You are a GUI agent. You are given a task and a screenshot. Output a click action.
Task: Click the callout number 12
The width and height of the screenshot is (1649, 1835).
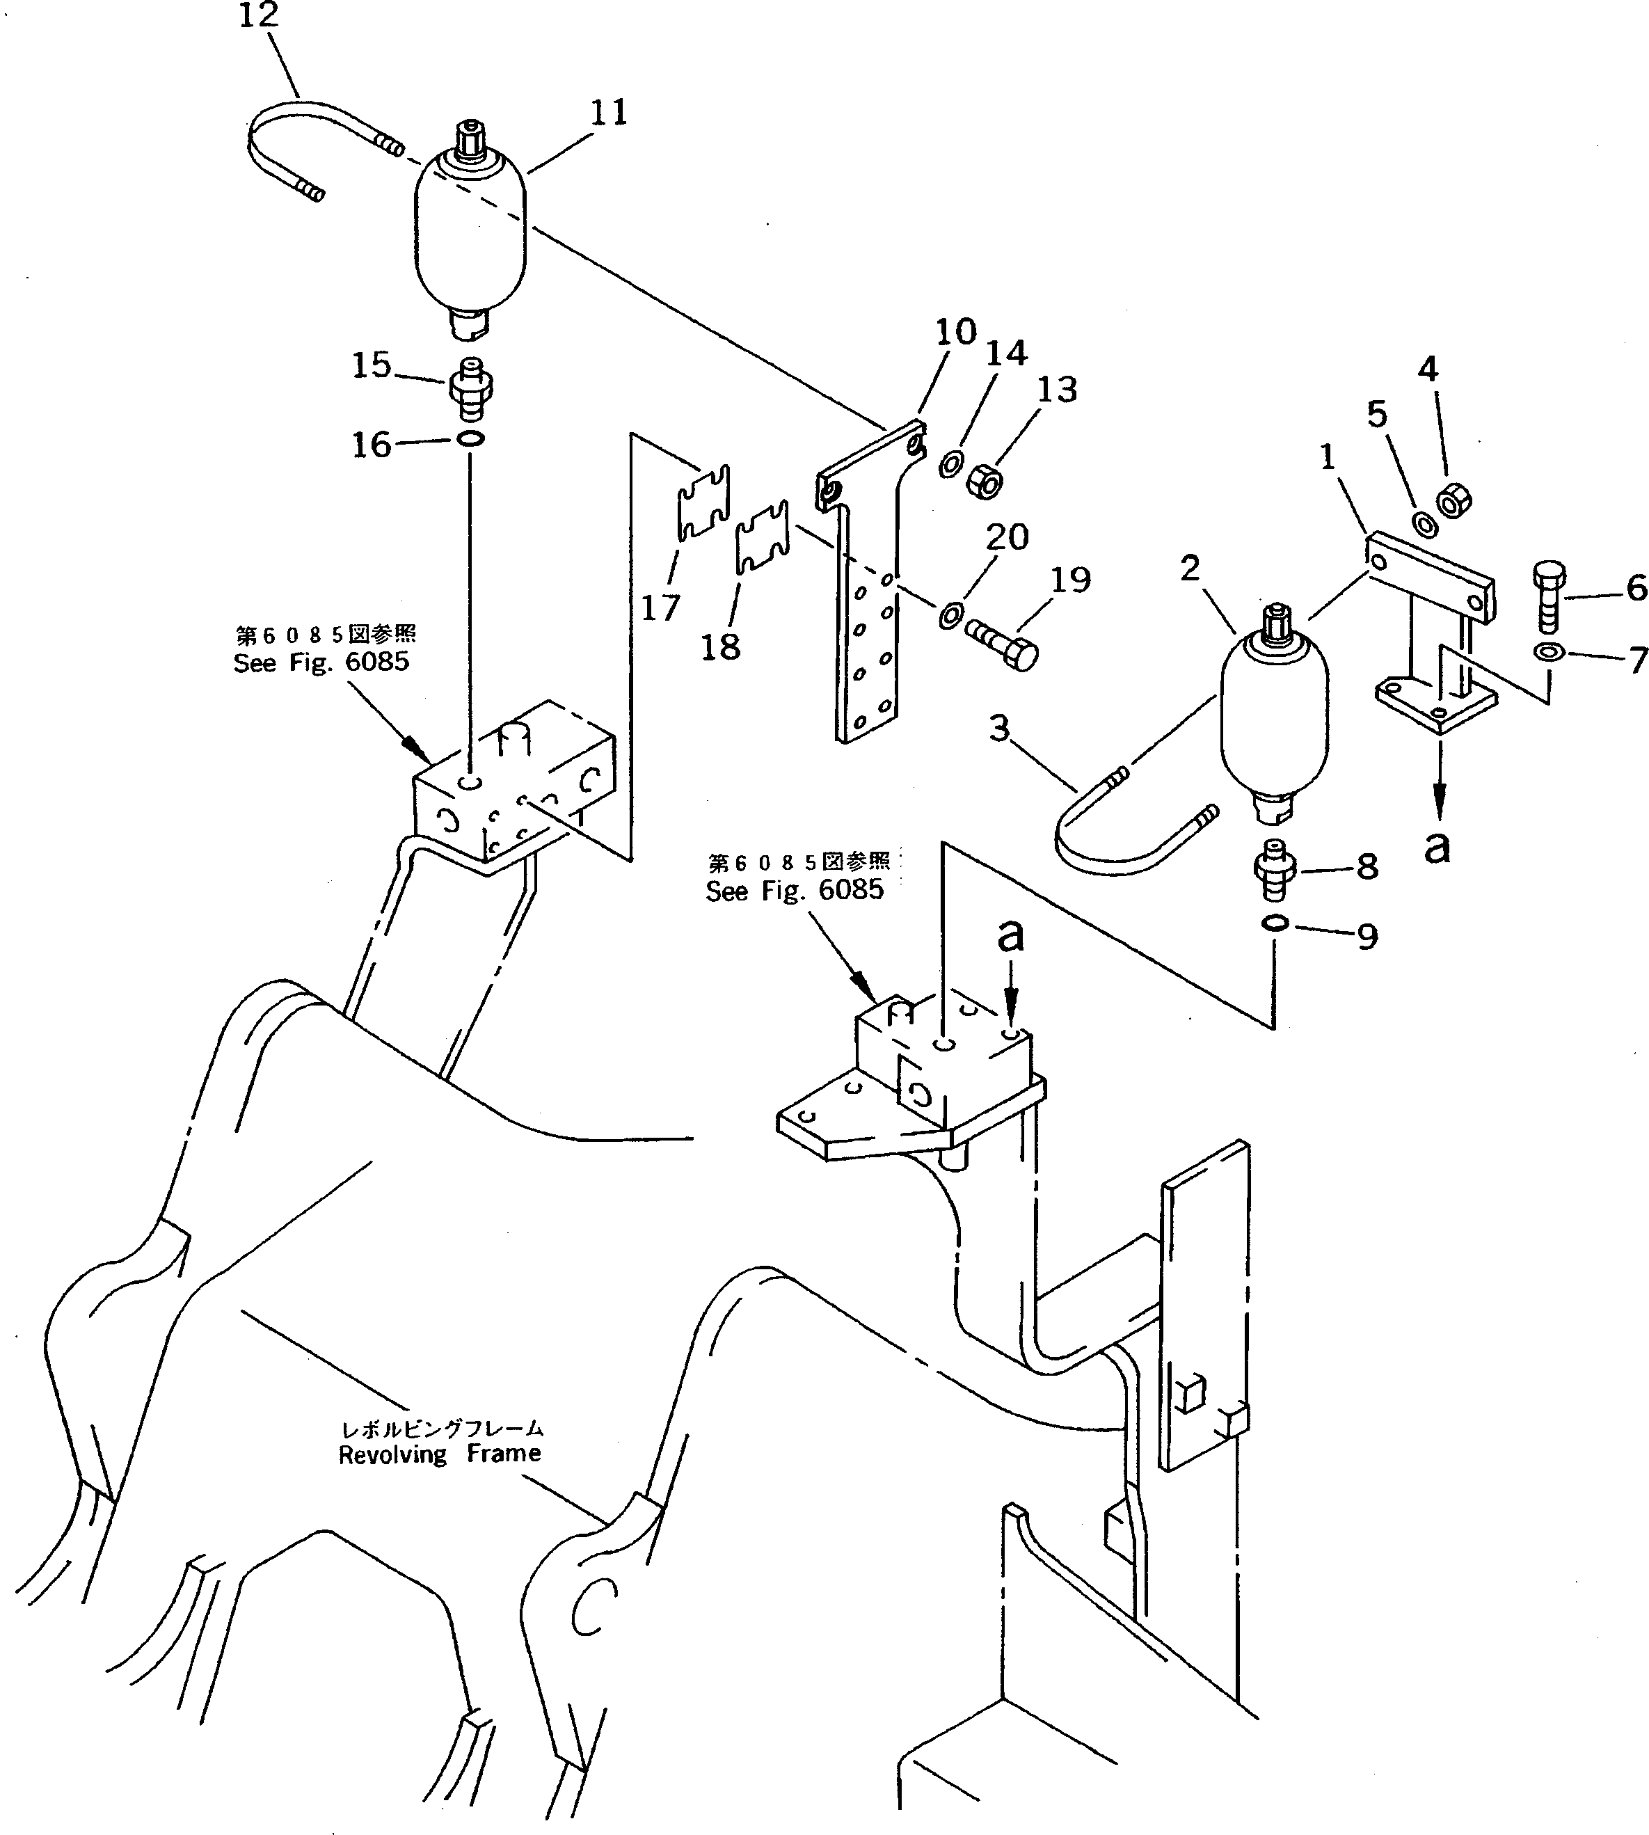tap(258, 15)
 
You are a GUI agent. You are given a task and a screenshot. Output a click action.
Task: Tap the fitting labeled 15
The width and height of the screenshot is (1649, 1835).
tap(471, 388)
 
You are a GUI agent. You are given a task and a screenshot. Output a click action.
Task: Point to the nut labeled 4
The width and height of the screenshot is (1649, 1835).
tap(1453, 500)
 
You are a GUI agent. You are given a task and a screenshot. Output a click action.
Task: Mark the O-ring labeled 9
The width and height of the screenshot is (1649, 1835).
tap(1274, 923)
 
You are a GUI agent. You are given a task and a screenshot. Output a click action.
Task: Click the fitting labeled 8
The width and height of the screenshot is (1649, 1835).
tap(1274, 870)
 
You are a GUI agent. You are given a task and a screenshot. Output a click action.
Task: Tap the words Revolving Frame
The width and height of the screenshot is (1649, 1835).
tap(440, 1454)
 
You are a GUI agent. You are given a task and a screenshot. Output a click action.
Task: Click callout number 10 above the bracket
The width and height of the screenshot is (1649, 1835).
tap(956, 332)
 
